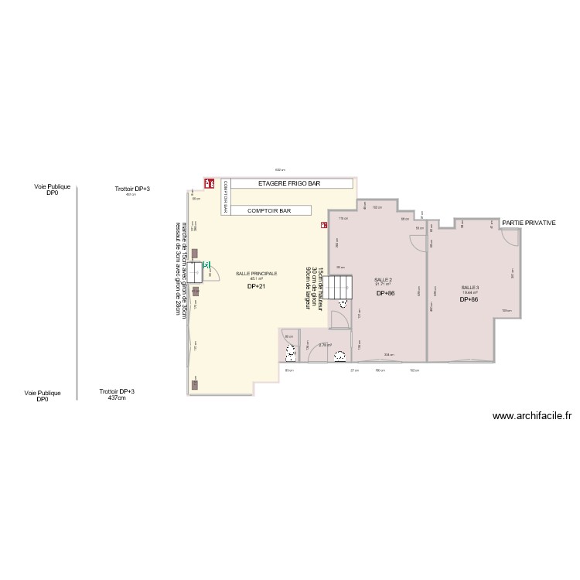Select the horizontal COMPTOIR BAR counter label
pos(269,210)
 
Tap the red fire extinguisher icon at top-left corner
pos(209,183)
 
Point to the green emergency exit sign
pos(206,264)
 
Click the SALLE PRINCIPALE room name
pos(256,274)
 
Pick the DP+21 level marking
pos(256,287)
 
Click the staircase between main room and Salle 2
pos(336,287)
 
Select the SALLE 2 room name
pos(384,279)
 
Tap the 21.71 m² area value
pos(384,285)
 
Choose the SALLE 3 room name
pos(470,287)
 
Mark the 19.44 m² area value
pos(470,292)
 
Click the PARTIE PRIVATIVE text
pos(529,223)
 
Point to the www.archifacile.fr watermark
pos(532,415)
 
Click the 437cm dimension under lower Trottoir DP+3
pos(117,398)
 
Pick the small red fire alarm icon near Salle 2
pos(322,226)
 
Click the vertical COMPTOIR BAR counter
pos(226,196)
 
